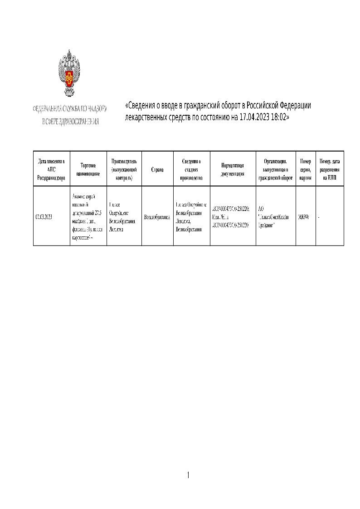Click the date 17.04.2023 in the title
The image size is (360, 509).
256,117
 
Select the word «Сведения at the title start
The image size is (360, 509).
141,106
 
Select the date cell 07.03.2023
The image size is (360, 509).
44,217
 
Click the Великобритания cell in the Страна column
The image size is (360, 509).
157,217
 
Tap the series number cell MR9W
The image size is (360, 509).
303,217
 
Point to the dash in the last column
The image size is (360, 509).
319,217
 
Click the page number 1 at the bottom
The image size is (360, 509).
188,475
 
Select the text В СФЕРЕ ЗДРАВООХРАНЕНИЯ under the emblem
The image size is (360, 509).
70,122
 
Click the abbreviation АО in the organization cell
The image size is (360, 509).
261,209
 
